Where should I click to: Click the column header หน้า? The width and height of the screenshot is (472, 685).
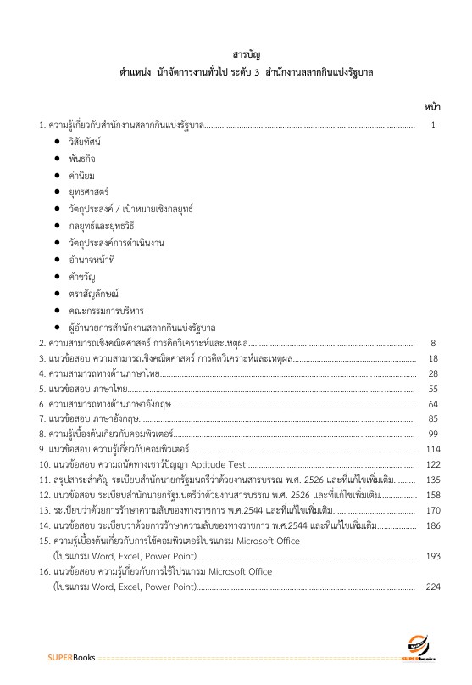tap(431, 108)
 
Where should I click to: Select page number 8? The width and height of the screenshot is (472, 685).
tap(433, 343)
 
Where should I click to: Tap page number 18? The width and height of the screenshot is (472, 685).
tap(433, 358)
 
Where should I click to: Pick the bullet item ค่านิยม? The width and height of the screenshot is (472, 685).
tap(81, 175)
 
